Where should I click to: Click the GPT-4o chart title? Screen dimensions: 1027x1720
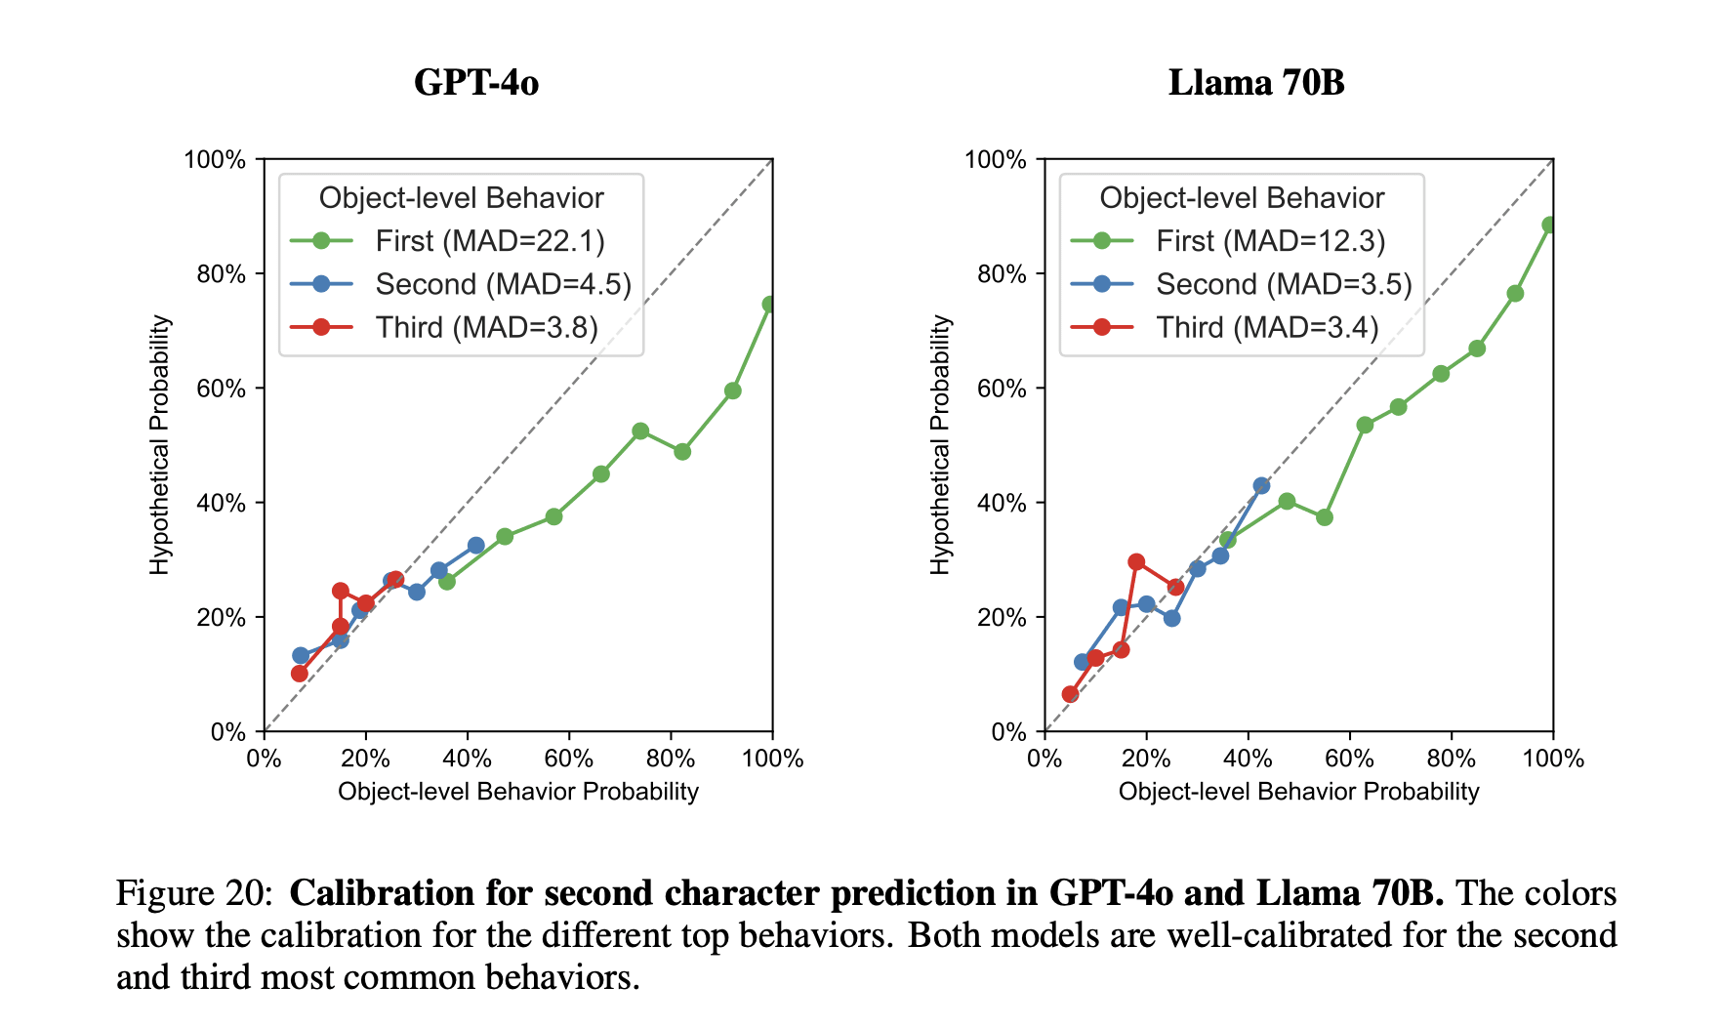click(x=475, y=82)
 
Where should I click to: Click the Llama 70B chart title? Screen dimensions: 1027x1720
click(x=1256, y=82)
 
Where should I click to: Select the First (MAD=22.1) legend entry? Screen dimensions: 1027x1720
click(x=489, y=241)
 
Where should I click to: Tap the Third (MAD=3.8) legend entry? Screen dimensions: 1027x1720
click(x=486, y=327)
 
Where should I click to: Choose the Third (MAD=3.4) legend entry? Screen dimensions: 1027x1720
click(x=1267, y=327)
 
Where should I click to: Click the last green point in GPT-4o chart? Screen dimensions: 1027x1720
click(x=770, y=305)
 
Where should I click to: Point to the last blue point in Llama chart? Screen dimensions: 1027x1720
click(x=1261, y=485)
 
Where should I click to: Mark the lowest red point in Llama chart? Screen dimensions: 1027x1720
click(x=1070, y=694)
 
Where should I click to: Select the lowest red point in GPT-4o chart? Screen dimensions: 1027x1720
click(x=300, y=674)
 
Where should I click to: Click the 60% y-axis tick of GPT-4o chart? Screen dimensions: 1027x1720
click(x=224, y=389)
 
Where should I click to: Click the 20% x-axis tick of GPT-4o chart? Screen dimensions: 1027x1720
click(x=365, y=759)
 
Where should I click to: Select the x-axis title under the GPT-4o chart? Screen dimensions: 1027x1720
click(x=517, y=791)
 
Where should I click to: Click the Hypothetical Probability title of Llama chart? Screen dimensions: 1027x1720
click(x=940, y=445)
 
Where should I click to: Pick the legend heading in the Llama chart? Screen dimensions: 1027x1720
click(x=1242, y=198)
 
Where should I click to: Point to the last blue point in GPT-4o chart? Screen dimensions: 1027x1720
click(x=475, y=546)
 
